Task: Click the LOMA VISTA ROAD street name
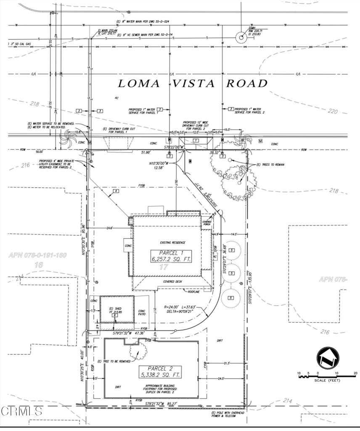(x=193, y=83)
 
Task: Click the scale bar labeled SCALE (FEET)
(x=327, y=376)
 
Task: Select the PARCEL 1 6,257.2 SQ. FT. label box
(x=172, y=256)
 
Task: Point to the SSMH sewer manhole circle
(x=241, y=37)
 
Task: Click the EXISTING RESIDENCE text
(x=172, y=243)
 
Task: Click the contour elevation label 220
(x=332, y=112)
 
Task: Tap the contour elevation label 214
(x=287, y=401)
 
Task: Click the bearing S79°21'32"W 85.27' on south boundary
(x=162, y=404)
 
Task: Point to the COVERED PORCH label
(x=206, y=223)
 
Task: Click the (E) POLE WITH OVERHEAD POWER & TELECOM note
(x=229, y=415)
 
